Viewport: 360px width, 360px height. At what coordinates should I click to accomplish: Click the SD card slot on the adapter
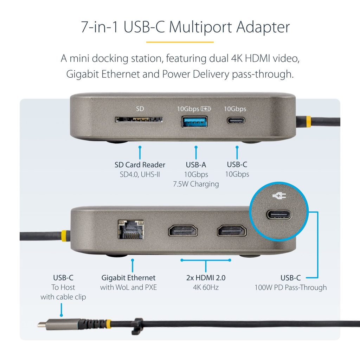coord(139,120)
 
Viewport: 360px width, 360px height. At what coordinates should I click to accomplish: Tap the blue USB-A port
coord(195,122)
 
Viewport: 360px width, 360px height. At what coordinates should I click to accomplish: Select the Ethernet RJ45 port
coord(131,229)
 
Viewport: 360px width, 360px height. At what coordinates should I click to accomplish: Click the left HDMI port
coord(183,231)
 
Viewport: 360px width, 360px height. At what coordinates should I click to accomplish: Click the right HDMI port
coord(232,231)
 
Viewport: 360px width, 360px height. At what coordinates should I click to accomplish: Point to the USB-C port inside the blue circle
coord(279,215)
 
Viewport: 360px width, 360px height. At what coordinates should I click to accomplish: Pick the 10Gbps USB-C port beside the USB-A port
coord(236,121)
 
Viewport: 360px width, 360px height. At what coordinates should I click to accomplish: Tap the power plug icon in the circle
coord(279,196)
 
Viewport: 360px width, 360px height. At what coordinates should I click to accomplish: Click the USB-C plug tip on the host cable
coord(42,324)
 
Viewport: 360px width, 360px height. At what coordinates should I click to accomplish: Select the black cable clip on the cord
coord(137,326)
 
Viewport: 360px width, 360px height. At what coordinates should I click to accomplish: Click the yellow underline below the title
coord(180,42)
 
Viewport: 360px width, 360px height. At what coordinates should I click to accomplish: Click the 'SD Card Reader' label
coord(140,165)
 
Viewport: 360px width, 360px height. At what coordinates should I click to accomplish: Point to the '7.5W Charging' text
coord(196,184)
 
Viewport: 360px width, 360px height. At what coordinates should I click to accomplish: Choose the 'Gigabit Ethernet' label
coord(128,278)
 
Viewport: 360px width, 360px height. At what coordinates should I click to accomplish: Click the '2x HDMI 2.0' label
coord(206,278)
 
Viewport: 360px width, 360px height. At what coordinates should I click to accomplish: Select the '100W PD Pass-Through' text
coord(290,288)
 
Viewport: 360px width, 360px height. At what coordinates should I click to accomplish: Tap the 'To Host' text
coord(63,287)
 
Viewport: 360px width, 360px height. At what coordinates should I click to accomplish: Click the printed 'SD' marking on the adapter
coord(140,109)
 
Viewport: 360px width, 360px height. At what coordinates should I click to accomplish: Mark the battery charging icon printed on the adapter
coord(206,109)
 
